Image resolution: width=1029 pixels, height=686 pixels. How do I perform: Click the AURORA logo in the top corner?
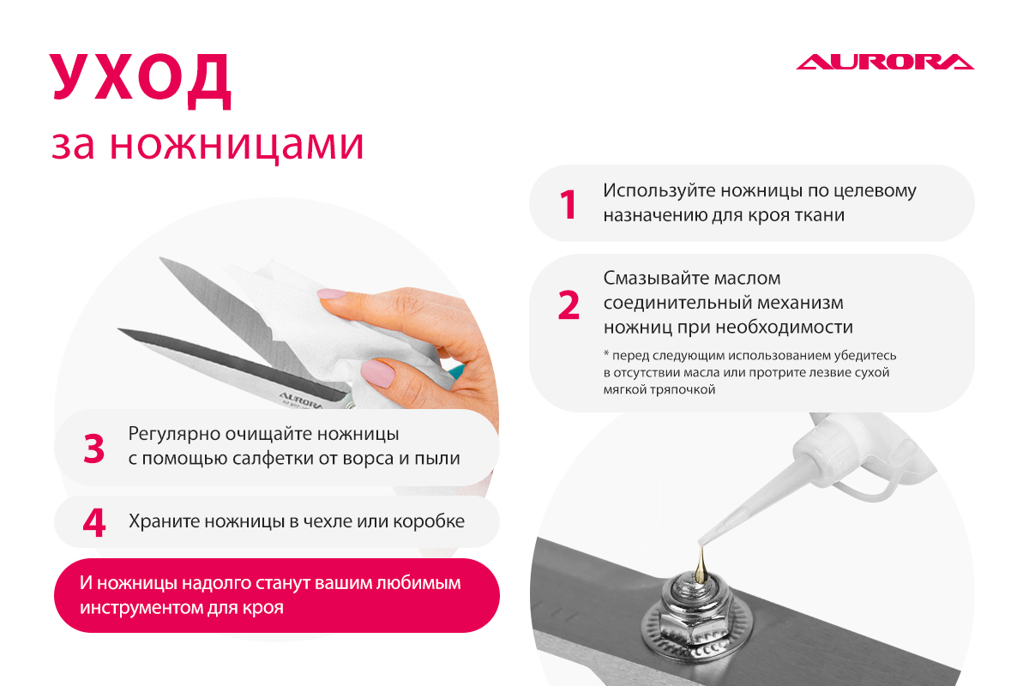click(x=885, y=62)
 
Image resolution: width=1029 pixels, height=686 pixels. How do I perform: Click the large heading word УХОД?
click(x=140, y=81)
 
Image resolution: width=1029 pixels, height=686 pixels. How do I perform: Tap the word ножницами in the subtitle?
click(x=237, y=146)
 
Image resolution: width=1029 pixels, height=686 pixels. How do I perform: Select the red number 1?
click(x=569, y=204)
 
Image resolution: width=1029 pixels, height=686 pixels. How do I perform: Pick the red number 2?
click(x=569, y=304)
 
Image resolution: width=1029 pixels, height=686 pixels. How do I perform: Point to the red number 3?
click(x=93, y=448)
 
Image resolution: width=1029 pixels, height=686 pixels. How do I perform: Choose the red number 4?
click(x=94, y=522)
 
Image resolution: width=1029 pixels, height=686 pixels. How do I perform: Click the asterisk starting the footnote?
click(x=606, y=354)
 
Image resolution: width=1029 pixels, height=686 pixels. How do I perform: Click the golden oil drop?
click(x=701, y=564)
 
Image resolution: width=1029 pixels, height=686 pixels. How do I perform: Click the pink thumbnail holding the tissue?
click(x=378, y=373)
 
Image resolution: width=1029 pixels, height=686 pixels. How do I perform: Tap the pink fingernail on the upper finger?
click(x=332, y=294)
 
